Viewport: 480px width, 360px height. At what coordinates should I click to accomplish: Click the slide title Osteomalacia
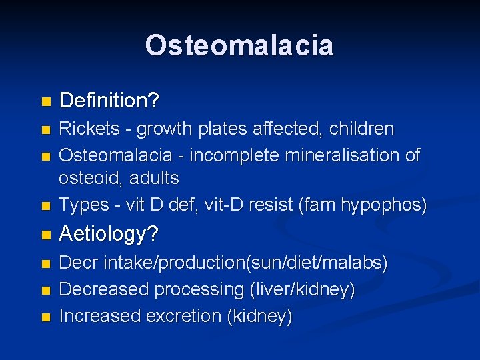(x=239, y=45)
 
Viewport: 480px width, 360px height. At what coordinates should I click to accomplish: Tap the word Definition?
(x=109, y=101)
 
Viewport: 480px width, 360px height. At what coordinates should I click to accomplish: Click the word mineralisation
(x=343, y=155)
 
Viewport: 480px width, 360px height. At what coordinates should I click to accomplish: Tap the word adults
(x=155, y=178)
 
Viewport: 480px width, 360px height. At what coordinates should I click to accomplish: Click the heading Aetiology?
(x=108, y=235)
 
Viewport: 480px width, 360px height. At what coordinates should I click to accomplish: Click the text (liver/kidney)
(x=301, y=290)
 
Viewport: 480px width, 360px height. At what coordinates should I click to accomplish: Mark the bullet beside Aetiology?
(x=45, y=235)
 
